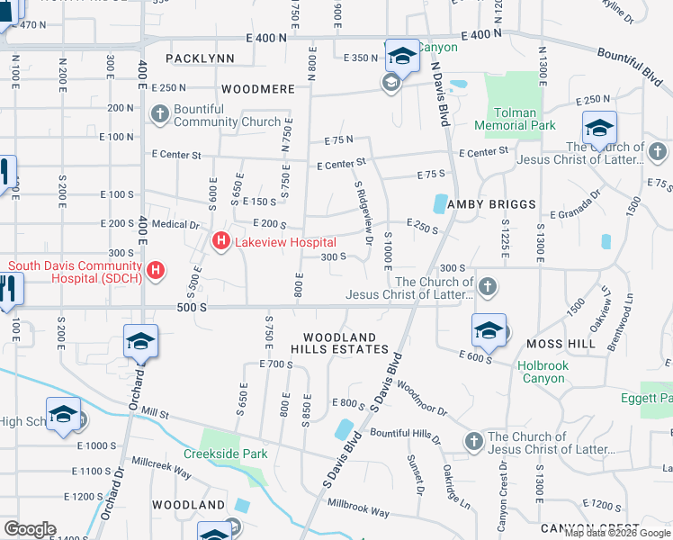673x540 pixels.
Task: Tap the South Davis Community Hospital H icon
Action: [157, 270]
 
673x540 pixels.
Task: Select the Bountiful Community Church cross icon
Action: [159, 113]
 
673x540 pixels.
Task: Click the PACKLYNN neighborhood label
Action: [200, 58]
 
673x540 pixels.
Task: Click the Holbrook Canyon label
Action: [542, 372]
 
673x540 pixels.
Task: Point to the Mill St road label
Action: [154, 414]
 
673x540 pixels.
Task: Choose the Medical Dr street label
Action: [175, 225]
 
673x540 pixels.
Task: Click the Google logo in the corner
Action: [30, 529]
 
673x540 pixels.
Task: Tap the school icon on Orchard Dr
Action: [141, 342]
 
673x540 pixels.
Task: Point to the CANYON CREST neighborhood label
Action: [589, 528]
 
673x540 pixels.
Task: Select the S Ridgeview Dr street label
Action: [363, 213]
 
